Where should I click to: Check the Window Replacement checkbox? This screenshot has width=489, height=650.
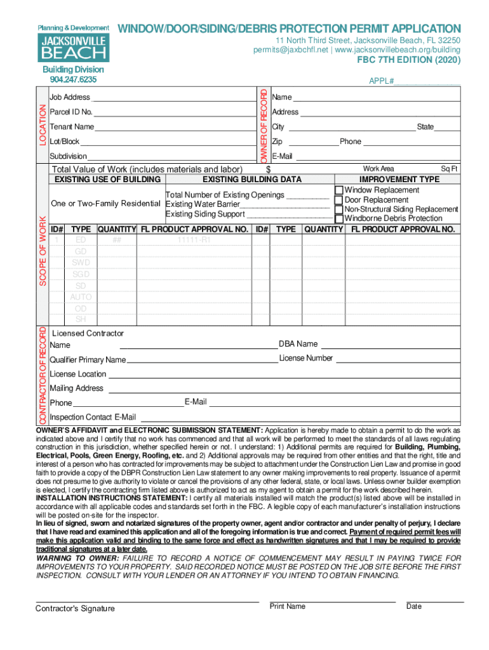coord(339,190)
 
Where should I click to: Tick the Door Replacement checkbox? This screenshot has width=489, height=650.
coord(339,200)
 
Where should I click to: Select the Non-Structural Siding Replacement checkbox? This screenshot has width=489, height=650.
coord(339,209)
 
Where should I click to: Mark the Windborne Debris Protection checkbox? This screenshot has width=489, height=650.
coord(339,218)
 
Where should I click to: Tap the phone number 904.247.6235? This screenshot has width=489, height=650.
coord(73,79)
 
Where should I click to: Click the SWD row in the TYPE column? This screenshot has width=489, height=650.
coord(81,263)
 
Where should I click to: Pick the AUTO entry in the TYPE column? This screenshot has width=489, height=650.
coord(81,297)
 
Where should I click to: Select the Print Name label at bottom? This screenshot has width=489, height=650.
coord(287,606)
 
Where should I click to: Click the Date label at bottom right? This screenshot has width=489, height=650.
coord(414,606)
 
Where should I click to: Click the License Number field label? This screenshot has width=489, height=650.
coord(306,358)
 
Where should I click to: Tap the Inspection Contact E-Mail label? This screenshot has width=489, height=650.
coord(93,417)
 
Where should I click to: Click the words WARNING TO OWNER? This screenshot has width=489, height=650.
coord(73,558)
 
